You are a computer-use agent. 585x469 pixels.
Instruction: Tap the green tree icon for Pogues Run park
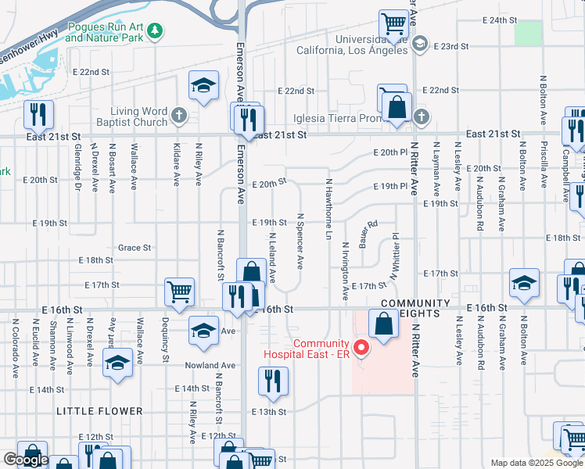tap(156, 30)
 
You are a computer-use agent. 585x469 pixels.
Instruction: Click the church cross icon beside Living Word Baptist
tap(179, 116)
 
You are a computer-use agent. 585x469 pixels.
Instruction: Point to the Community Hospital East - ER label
tap(321, 349)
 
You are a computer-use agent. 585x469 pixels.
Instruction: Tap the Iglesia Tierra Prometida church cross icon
tap(422, 118)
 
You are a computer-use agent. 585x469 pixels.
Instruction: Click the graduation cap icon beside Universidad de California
tap(420, 45)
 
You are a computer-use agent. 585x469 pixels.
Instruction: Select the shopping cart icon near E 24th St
tap(393, 23)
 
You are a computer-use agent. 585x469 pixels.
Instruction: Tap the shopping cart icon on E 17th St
tap(179, 292)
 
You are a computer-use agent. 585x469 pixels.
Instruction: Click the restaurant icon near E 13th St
tap(271, 381)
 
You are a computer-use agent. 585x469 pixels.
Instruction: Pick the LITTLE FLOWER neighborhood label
tap(99, 411)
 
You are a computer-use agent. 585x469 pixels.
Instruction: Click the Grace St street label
tap(134, 248)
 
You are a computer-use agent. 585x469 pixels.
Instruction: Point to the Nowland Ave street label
tap(210, 365)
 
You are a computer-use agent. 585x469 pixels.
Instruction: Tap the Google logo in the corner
tap(26, 460)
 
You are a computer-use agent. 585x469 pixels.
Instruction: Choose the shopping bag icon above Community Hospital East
tap(382, 324)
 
